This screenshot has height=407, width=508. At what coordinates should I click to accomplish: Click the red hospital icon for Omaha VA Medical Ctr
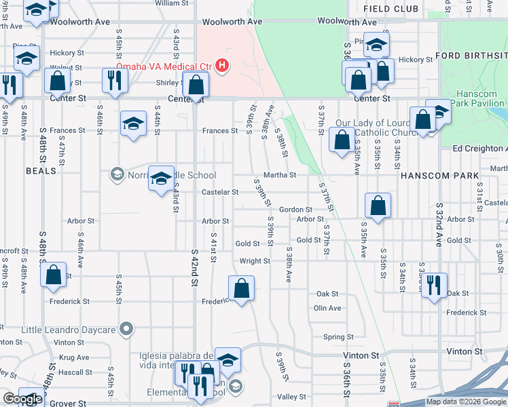[222, 66]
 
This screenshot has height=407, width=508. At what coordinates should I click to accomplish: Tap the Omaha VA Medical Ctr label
[169, 66]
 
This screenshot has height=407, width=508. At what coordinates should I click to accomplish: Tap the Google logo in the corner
[22, 399]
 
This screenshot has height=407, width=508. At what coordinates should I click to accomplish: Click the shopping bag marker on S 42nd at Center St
[196, 85]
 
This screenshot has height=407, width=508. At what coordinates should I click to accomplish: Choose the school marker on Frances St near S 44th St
[133, 123]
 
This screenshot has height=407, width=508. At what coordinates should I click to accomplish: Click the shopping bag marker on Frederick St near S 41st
[241, 289]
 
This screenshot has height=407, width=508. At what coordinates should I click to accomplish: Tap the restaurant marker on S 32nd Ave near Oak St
[434, 284]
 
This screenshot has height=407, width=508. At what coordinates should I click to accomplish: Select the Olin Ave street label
[327, 308]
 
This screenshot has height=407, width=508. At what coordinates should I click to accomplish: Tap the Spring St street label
[338, 336]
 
